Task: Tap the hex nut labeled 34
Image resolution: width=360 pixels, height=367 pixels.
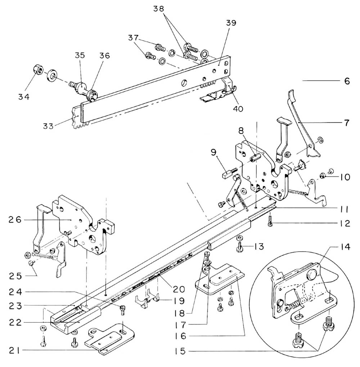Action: [x=39, y=69]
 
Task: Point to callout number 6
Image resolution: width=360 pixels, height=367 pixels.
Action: [x=347, y=81]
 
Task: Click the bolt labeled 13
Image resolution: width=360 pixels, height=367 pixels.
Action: [x=240, y=247]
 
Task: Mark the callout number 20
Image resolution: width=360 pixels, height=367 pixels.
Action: [x=179, y=288]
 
